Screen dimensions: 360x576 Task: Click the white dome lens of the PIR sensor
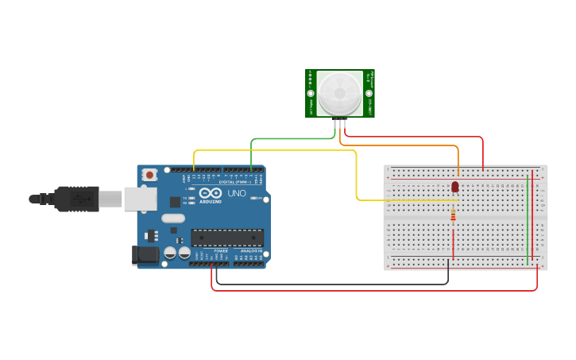tap(339, 94)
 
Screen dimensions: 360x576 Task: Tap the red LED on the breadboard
tap(455, 187)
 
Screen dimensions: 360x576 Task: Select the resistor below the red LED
tap(453, 215)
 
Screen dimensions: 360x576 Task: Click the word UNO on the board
tap(237, 193)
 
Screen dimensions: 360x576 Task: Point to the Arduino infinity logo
tap(211, 193)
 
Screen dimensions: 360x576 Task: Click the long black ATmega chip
tap(227, 237)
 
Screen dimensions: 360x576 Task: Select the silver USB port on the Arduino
tap(140, 199)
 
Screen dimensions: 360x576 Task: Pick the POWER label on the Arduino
tap(220, 251)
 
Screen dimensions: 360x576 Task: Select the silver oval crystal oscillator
tap(172, 218)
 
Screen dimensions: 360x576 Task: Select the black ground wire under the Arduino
tap(334, 284)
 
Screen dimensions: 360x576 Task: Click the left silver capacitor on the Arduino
tap(170, 253)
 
